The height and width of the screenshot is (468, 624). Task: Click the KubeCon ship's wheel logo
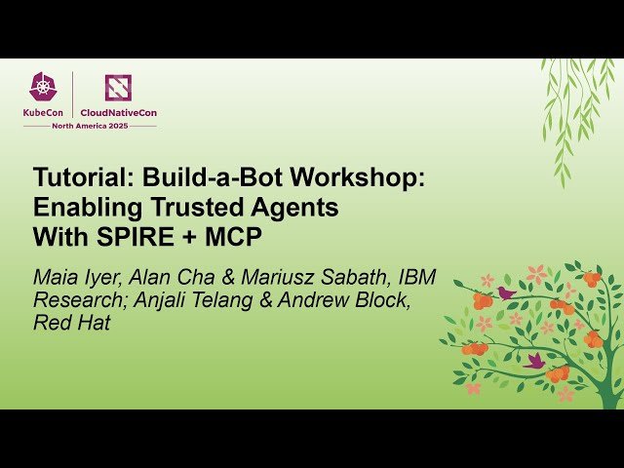coord(43,88)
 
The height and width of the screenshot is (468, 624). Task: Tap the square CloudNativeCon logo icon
coord(118,88)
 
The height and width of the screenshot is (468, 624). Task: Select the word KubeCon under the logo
coord(43,112)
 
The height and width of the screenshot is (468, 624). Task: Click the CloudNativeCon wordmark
coord(118,112)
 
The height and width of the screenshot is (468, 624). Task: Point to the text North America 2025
coord(90,125)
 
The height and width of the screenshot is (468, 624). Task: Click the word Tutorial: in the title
coord(84,179)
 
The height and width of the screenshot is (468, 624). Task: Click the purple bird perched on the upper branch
coord(506,292)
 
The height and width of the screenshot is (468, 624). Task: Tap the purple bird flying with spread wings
coord(535,360)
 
